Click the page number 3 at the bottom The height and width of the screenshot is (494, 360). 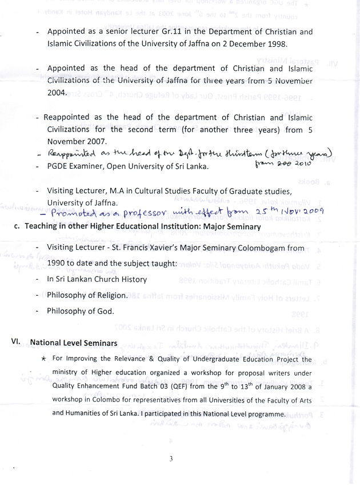tap(171, 459)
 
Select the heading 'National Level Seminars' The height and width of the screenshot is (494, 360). tap(74, 342)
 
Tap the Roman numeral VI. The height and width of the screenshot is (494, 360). tap(15, 341)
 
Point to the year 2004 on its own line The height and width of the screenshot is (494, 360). tap(58, 92)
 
